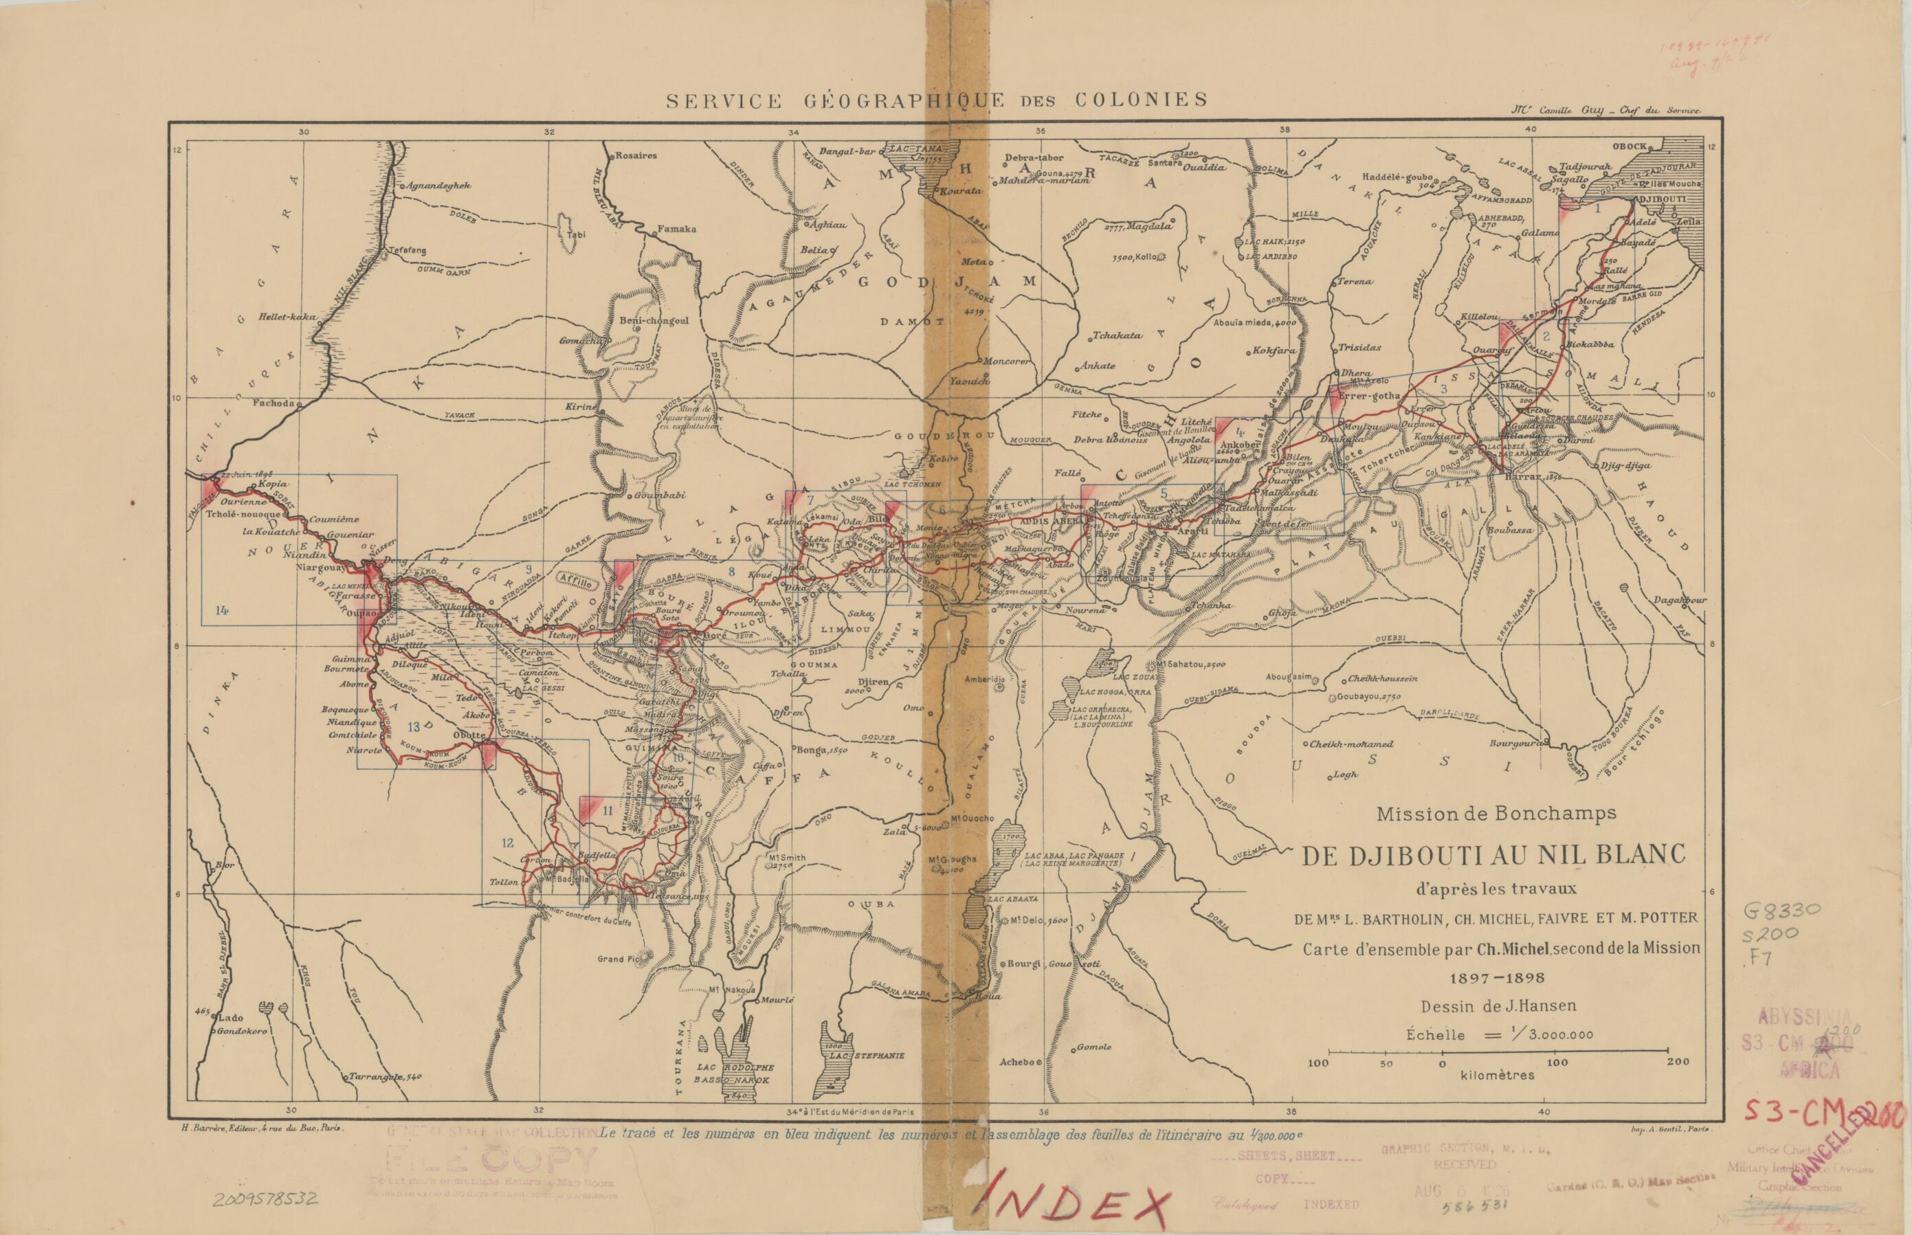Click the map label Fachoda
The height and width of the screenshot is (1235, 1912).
click(274, 403)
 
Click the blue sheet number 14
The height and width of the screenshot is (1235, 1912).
click(221, 610)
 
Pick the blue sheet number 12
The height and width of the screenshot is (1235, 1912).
click(507, 843)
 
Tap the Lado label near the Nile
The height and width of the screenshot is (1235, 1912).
click(232, 1018)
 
